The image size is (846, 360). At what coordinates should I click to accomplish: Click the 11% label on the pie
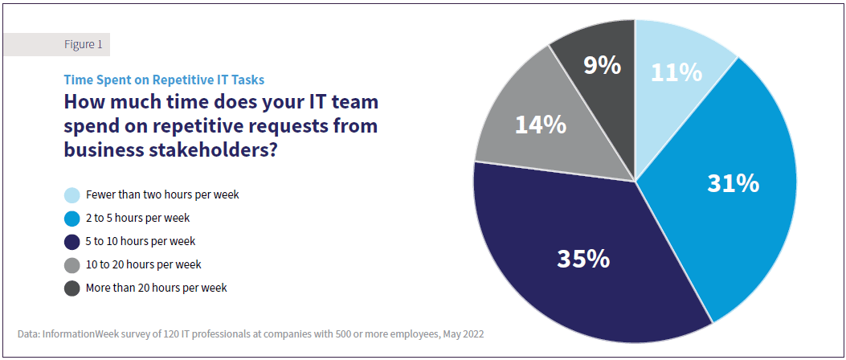(x=676, y=72)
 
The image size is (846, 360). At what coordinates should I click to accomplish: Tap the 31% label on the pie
(x=733, y=183)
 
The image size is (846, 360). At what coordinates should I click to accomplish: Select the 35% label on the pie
(x=583, y=259)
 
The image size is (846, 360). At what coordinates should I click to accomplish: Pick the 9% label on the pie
(x=602, y=65)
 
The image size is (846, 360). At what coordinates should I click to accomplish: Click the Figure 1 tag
(x=83, y=45)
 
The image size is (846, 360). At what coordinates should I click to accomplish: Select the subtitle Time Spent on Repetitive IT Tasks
(x=164, y=80)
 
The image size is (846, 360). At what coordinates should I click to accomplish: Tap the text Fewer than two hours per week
(x=162, y=194)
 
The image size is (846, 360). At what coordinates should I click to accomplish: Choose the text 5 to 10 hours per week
(x=141, y=241)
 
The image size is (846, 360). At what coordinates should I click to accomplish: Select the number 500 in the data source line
(x=357, y=333)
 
